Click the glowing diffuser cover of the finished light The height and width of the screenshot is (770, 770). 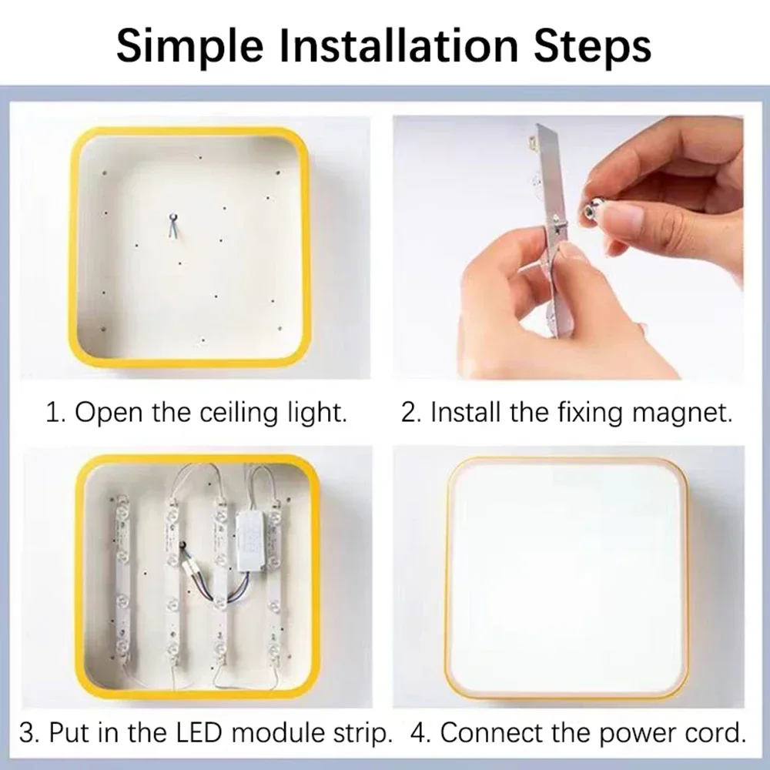click(566, 577)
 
